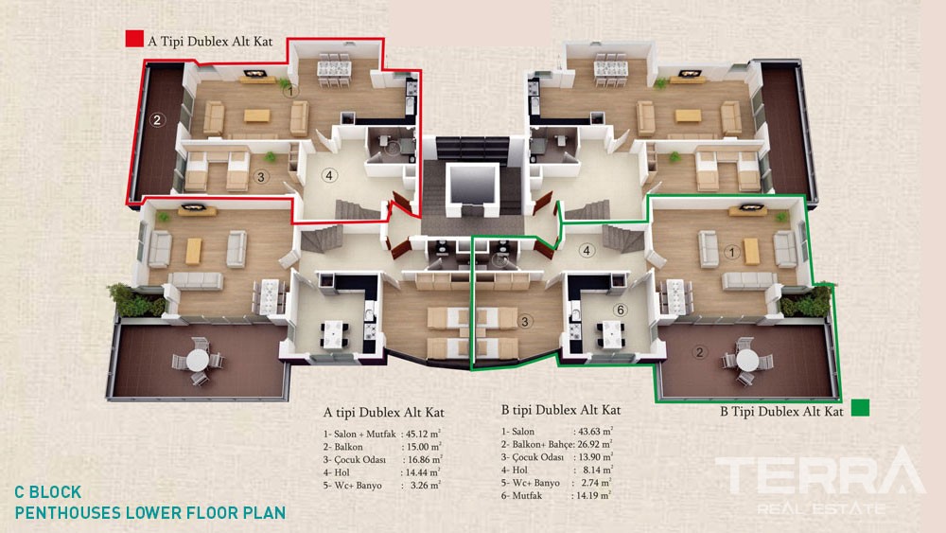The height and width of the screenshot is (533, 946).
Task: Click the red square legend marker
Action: pos(134,39)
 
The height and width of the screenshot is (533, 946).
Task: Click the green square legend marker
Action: pos(860,408)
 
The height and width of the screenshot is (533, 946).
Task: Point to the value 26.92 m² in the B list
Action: pos(595,444)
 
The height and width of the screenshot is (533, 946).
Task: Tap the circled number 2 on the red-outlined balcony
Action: pos(157,119)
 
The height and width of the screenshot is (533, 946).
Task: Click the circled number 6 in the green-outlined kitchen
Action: pos(621,311)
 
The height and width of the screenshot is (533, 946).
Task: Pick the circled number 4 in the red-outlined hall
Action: pos(329,176)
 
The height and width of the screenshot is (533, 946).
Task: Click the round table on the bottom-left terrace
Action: pos(198,361)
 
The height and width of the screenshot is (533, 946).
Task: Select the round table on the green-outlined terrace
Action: pos(747,361)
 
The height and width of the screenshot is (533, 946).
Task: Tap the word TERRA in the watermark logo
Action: pos(820,474)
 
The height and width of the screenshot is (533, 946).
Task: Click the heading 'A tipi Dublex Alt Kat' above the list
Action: pos(384,412)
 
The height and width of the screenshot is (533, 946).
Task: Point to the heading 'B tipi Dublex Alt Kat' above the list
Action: pos(561,410)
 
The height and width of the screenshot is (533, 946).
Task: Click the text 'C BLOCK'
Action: pos(47,492)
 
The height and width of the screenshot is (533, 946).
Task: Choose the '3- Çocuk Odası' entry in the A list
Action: pos(354,459)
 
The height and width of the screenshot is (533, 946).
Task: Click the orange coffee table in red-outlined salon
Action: pos(257,115)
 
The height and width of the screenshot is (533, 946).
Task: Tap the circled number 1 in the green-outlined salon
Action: pos(732,253)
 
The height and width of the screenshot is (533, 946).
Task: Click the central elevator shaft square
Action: pos(472,184)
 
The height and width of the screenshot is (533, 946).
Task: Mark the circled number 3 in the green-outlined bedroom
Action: pos(525,322)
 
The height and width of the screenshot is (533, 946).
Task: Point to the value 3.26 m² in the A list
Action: pos(426,486)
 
